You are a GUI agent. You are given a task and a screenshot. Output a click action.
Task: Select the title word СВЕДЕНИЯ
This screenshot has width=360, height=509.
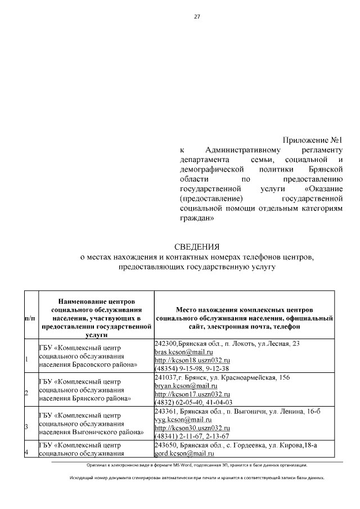(196, 247)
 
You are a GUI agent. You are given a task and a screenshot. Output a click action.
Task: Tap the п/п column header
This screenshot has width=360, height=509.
(30, 318)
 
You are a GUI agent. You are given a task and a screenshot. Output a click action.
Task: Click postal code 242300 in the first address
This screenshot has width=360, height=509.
(165, 343)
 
